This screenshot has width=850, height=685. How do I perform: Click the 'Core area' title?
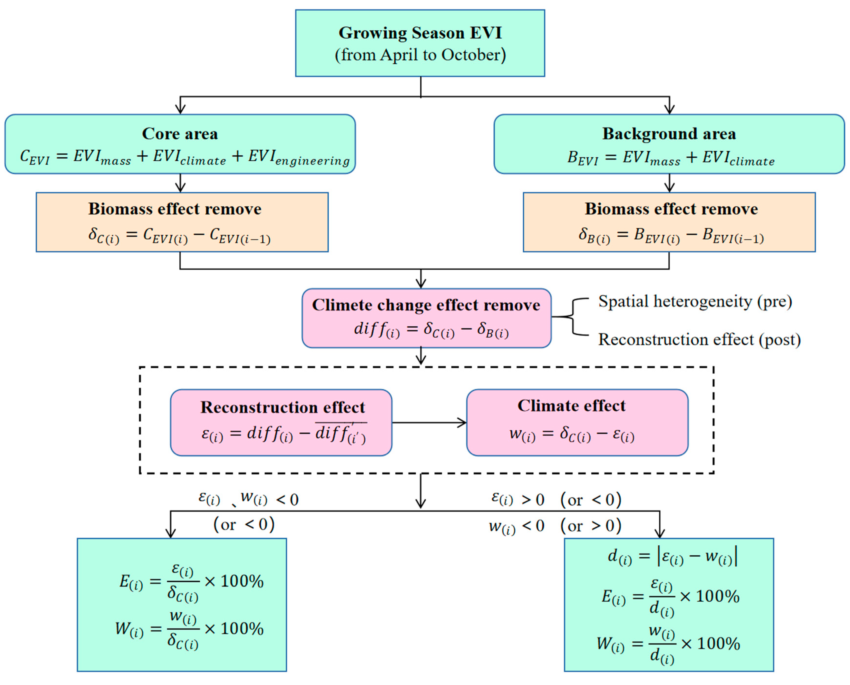[x=180, y=134]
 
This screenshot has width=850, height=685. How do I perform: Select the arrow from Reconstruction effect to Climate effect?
[x=429, y=423]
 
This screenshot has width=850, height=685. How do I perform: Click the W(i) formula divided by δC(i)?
[x=189, y=628]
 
